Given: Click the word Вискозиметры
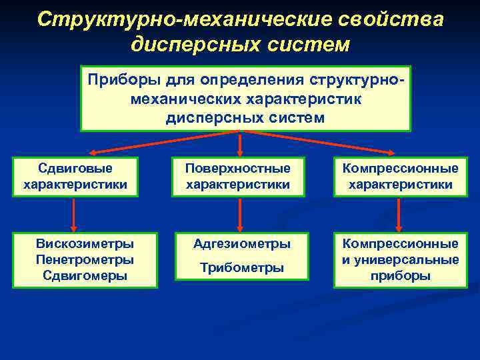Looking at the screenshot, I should [x=85, y=244].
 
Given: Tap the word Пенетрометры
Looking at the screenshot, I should [x=85, y=259].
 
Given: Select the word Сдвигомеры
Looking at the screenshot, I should [x=85, y=275].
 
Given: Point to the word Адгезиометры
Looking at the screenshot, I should [x=241, y=244].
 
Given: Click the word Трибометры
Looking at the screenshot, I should [x=241, y=268].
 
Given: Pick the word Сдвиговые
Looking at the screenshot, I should [x=75, y=169].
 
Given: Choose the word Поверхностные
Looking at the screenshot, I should [x=238, y=169].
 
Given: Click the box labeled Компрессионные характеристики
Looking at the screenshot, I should [x=400, y=177].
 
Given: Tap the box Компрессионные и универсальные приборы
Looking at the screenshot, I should [x=400, y=260].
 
